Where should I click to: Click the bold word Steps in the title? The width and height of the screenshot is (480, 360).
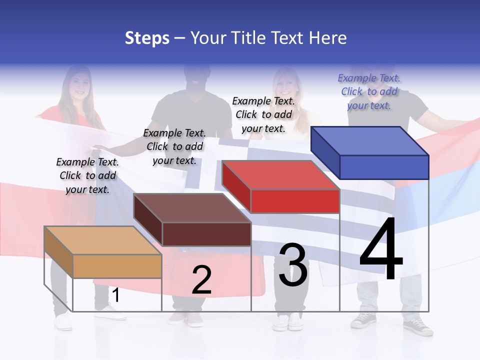click(x=147, y=38)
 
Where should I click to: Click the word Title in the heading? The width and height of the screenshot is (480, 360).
click(x=248, y=38)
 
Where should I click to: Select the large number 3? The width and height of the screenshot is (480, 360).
click(x=293, y=265)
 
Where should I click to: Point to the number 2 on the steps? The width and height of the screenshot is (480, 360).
click(x=201, y=280)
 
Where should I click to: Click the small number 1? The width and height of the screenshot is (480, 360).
click(x=115, y=295)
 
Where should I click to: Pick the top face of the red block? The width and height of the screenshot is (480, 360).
click(x=280, y=175)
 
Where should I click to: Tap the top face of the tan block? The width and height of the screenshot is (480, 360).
click(x=103, y=240)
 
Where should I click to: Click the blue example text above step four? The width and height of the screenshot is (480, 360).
click(x=369, y=91)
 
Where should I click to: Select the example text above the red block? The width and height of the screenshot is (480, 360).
click(x=263, y=114)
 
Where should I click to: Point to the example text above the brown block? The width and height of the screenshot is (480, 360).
click(x=174, y=146)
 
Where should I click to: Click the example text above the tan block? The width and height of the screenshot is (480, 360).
click(x=87, y=175)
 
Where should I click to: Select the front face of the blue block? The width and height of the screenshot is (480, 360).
click(x=384, y=167)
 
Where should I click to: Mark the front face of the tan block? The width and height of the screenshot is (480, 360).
click(x=117, y=266)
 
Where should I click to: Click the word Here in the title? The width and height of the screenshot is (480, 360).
click(x=328, y=38)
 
